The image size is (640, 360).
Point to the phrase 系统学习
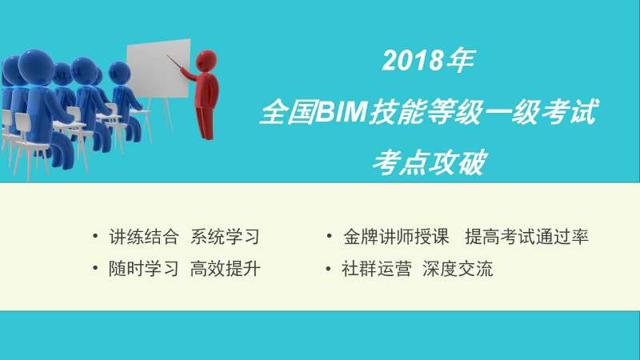[x=225, y=237]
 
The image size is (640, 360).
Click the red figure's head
[x=206, y=60]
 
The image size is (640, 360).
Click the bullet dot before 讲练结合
[x=97, y=237]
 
